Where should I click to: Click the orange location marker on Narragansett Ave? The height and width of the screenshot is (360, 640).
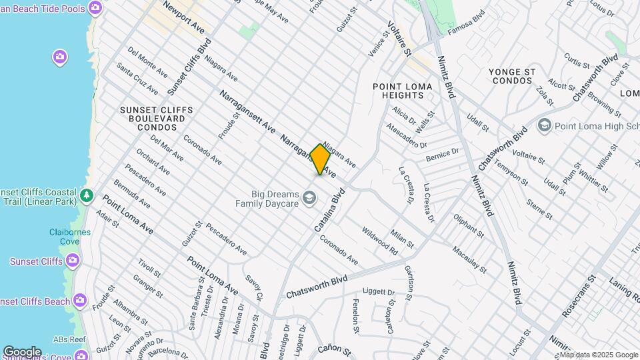320,159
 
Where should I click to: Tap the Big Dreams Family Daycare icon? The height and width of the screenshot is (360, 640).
309,197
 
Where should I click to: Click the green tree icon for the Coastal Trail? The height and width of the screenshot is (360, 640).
86,195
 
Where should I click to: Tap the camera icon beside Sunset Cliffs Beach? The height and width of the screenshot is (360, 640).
81,301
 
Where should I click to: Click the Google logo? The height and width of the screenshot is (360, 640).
22,351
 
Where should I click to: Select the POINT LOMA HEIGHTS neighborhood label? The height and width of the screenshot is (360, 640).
402,91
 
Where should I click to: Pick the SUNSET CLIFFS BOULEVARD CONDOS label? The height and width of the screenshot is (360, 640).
157,118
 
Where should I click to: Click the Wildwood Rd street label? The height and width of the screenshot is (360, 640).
379,241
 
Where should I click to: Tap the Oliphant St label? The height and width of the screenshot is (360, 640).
469,225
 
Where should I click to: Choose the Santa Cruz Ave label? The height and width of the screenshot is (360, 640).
137,78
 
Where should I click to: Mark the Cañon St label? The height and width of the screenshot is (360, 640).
333,349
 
